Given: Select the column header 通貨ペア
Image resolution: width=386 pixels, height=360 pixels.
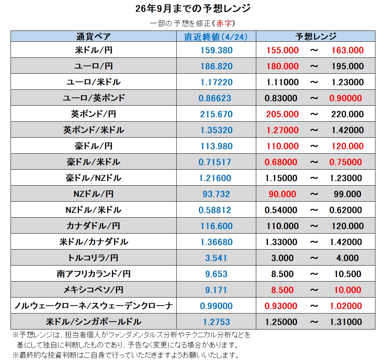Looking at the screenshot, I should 93,36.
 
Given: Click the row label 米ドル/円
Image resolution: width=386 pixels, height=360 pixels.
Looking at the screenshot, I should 93,50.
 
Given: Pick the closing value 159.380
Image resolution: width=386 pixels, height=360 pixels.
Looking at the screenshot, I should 216,50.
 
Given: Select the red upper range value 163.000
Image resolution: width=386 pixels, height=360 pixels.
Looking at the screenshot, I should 347,50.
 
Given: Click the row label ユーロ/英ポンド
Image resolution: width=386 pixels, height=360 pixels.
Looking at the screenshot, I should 93,98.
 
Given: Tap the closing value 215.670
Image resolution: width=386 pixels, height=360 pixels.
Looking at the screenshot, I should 216,114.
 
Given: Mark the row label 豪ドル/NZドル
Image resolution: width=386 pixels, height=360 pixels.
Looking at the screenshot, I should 93,178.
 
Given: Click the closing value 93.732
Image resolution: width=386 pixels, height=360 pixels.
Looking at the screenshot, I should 216,194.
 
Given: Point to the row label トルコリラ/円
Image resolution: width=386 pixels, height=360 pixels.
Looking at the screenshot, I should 93,258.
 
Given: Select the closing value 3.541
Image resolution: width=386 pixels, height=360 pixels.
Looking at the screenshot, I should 216,258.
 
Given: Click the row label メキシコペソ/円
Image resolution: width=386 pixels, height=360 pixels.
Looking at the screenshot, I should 93,290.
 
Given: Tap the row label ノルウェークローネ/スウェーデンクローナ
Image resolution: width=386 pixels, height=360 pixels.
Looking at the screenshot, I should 93,306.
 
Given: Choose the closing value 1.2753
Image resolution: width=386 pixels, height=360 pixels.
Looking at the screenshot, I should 216,322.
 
